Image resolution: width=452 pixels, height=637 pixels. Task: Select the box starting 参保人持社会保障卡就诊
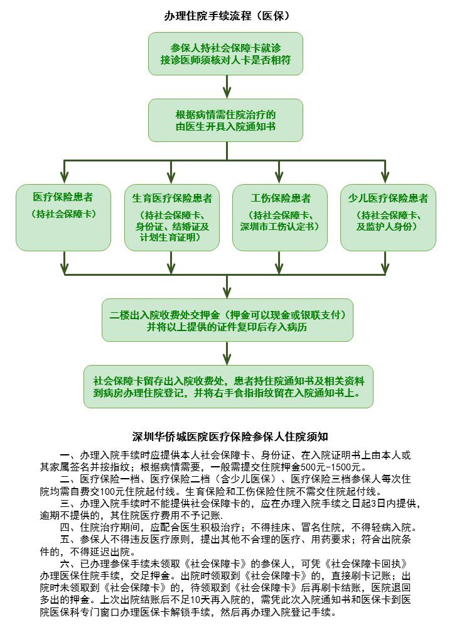[x=226, y=54]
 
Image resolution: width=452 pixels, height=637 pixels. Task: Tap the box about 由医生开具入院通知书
[x=226, y=120]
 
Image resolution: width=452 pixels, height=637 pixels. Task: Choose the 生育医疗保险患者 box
[x=172, y=217]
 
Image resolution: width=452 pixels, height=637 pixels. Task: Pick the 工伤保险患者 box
[x=280, y=217]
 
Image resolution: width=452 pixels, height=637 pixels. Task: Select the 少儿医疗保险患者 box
[x=388, y=217]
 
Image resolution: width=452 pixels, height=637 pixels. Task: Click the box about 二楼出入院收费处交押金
[x=227, y=320]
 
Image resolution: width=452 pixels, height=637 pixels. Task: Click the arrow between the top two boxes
[x=227, y=87]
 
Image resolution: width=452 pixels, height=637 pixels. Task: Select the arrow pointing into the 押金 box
[x=227, y=290]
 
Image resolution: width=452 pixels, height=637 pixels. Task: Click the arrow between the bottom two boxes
[x=227, y=354]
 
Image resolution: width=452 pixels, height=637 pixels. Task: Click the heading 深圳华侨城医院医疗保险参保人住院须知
[x=227, y=435]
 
